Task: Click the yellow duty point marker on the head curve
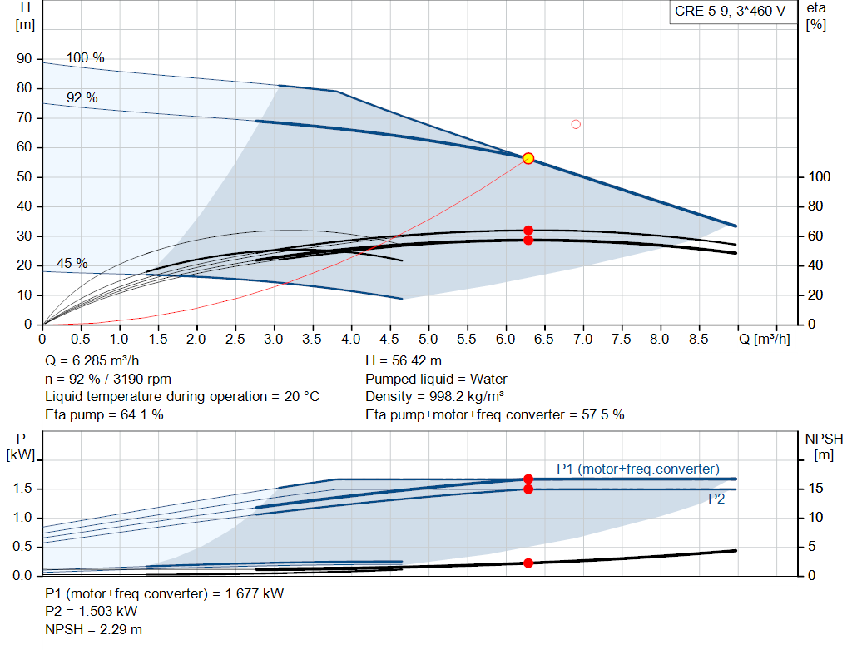coord(528,158)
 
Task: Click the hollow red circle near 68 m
coord(576,125)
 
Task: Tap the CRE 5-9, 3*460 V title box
coord(730,13)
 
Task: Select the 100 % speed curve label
coord(86,58)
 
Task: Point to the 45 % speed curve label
coord(72,264)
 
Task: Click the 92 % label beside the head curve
coord(82,98)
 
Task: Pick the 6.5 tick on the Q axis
coord(544,340)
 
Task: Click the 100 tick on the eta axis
coord(820,177)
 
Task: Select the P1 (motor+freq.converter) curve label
coord(637,468)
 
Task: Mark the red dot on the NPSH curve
coord(528,563)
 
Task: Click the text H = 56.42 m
coord(404,361)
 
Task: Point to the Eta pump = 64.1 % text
coord(104,414)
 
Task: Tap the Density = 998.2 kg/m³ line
coord(434,396)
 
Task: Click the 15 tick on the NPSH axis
coord(815,489)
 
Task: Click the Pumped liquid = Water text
coord(436,379)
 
